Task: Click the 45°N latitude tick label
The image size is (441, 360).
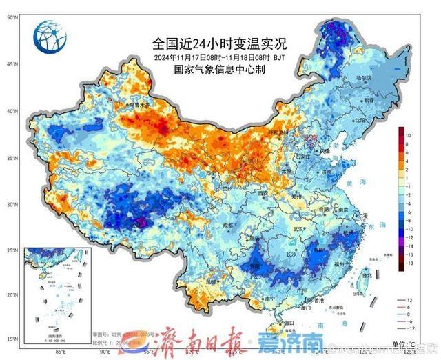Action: pos(12,64)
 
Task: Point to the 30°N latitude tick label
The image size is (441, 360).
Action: pos(12,205)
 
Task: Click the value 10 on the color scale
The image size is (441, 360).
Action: pos(409,135)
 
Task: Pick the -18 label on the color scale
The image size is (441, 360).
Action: pos(409,263)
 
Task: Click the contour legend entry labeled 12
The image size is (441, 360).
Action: pos(409,301)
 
